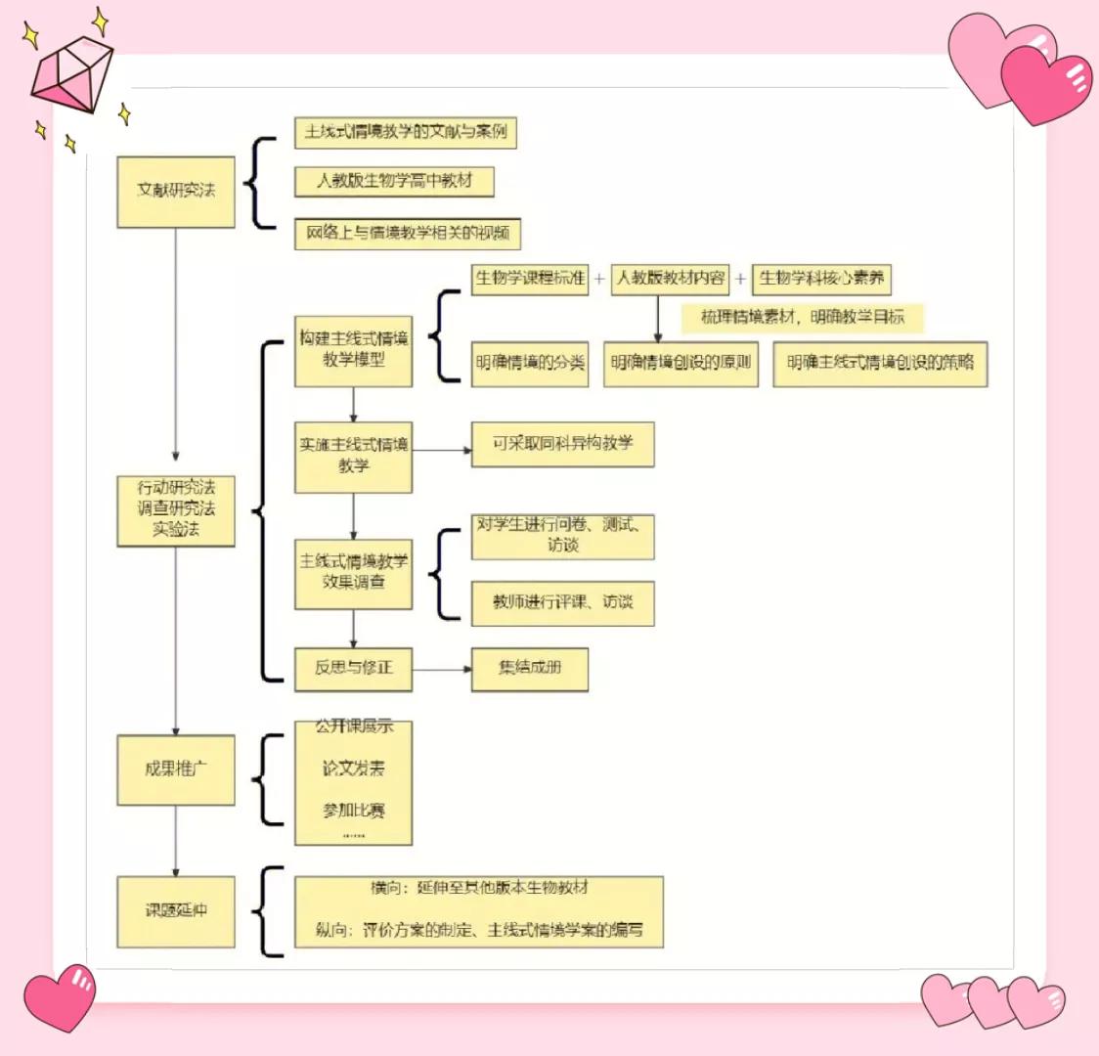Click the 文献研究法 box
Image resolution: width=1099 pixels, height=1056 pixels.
(x=176, y=192)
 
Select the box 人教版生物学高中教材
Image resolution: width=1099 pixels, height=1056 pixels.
(x=394, y=182)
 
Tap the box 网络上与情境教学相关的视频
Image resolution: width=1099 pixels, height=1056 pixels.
(x=408, y=234)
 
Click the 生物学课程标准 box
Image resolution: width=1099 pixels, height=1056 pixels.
(x=530, y=279)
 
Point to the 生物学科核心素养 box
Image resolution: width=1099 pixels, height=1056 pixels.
(x=821, y=279)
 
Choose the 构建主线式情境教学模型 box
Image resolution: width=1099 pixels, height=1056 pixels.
(x=353, y=350)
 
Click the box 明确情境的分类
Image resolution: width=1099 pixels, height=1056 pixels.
(x=530, y=364)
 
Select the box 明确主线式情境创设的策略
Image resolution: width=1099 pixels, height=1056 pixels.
(x=880, y=364)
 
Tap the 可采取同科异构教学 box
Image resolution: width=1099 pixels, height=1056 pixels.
(x=562, y=444)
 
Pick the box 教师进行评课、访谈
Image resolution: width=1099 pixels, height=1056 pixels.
(x=562, y=603)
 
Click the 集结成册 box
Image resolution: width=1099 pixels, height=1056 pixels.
(x=530, y=669)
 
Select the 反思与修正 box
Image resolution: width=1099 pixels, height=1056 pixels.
(x=353, y=669)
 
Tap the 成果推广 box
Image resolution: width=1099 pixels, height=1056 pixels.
(x=176, y=770)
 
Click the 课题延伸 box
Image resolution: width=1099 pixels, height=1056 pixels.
(x=176, y=911)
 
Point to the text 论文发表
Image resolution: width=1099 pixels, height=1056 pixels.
(x=353, y=770)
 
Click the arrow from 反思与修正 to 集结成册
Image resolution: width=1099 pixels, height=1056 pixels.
(x=441, y=669)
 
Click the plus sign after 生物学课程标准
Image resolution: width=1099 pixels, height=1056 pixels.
(x=599, y=279)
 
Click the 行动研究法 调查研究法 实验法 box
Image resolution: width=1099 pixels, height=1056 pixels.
(x=176, y=509)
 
